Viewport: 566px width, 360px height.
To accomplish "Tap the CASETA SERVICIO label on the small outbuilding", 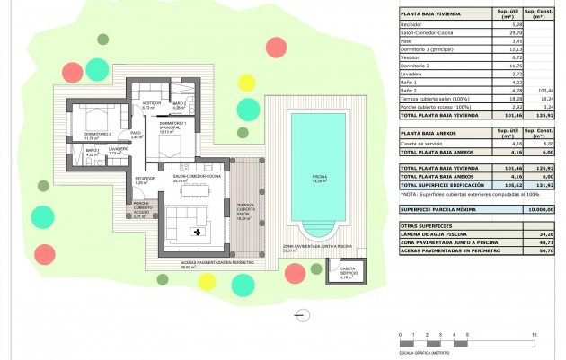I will [347, 270].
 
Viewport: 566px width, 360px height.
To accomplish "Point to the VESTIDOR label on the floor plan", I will [152, 104].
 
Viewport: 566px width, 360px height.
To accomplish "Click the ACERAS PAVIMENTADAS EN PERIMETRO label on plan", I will [206, 263].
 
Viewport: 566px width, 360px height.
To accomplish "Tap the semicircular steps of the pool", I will [318, 228].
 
